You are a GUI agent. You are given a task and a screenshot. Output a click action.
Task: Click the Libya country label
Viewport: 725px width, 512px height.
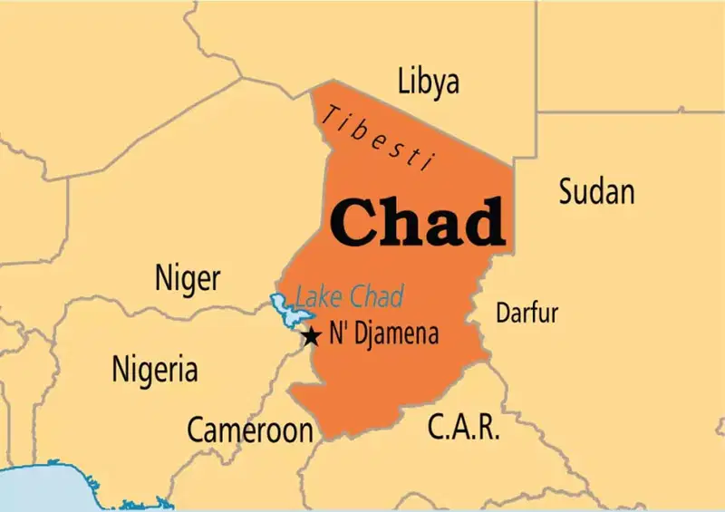[428, 82]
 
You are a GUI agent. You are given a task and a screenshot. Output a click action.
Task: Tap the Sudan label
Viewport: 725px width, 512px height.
[595, 191]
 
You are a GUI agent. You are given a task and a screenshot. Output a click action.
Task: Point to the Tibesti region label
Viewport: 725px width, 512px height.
[381, 136]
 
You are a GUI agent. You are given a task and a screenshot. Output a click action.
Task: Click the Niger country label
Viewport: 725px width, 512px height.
[188, 278]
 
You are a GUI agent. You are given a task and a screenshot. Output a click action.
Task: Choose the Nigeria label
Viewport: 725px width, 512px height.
[154, 369]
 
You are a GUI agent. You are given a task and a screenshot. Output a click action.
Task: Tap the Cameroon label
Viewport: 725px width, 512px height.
[250, 430]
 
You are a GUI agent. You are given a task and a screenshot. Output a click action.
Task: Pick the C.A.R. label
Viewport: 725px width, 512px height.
[463, 426]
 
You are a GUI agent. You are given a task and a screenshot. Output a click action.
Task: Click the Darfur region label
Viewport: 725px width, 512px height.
[527, 314]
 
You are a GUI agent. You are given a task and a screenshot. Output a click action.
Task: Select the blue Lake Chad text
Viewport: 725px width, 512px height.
[349, 296]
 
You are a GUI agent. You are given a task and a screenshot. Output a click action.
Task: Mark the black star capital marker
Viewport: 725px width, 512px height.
[311, 336]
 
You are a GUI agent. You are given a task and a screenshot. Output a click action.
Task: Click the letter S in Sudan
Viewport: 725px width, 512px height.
[565, 191]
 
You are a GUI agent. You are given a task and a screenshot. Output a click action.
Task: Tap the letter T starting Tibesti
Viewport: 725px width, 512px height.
[334, 114]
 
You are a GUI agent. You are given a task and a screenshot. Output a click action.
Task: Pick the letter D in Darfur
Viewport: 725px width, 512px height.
[502, 314]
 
